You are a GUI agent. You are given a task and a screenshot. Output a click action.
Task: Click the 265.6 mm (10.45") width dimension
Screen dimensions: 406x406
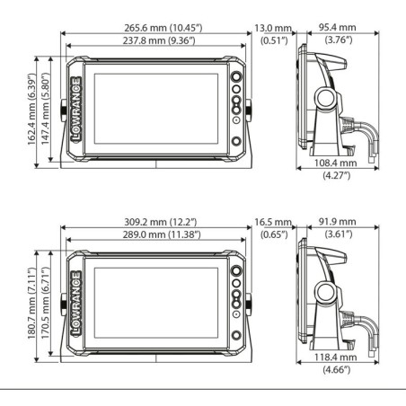coord(163,28)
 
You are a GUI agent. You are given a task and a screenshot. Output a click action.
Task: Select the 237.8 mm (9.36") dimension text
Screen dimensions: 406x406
coord(159,40)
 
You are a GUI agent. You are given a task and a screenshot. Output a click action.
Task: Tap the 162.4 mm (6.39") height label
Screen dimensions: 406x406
coord(31,109)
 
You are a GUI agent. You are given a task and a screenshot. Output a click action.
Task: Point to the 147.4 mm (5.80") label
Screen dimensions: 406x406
coord(45,109)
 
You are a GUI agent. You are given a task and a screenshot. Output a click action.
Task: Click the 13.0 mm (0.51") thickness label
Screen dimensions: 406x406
coord(273,34)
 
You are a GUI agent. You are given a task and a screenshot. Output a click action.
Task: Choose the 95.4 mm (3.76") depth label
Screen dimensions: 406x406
coord(338,33)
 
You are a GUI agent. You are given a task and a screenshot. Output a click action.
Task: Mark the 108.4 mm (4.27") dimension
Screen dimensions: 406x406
coord(336,169)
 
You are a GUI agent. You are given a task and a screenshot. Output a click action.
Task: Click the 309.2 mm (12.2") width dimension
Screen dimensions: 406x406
coord(161,222)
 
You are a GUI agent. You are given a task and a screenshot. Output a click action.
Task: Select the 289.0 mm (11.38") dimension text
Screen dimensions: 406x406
coord(162,234)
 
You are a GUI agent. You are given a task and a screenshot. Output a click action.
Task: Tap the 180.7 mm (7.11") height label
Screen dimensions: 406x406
coord(31,304)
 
